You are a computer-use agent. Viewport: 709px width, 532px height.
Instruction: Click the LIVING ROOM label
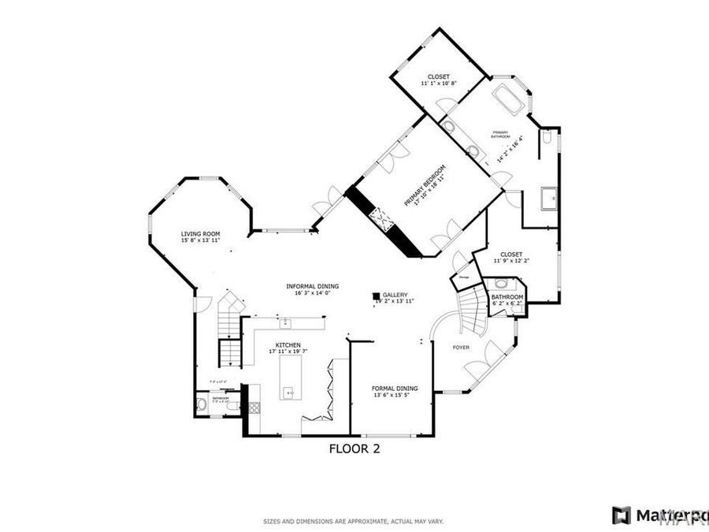(200, 234)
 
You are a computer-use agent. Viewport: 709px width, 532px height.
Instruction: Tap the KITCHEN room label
(288, 345)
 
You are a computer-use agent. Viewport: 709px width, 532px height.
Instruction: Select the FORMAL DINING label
(395, 389)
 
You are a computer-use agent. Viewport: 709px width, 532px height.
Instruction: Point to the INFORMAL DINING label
(311, 286)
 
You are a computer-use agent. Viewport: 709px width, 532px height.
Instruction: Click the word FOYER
(461, 347)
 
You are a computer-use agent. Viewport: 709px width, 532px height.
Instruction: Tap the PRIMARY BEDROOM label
(425, 186)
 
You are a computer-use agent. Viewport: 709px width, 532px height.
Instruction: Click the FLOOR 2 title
(354, 450)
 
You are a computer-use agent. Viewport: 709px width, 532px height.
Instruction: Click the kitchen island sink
(289, 392)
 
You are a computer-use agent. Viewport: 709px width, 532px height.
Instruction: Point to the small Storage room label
(464, 277)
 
